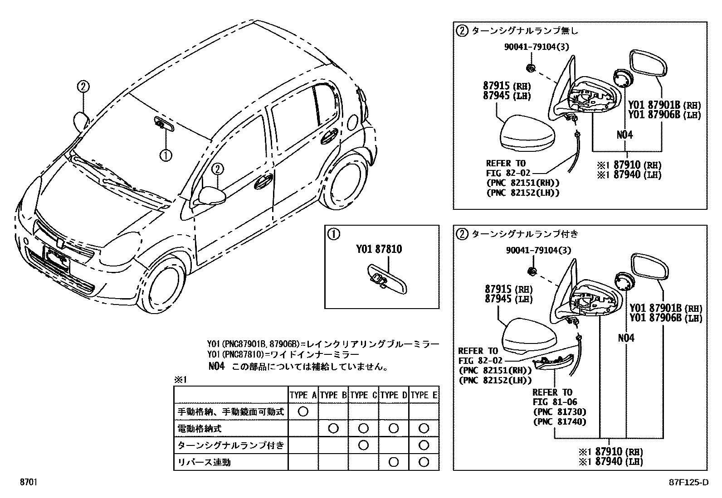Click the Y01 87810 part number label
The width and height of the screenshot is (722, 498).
(379, 249)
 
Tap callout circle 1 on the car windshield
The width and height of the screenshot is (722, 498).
(166, 155)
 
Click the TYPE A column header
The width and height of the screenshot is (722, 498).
(303, 395)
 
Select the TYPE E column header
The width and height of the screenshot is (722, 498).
(424, 395)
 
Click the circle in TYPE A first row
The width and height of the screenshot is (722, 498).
(303, 411)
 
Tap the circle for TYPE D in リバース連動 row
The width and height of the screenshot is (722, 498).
(394, 462)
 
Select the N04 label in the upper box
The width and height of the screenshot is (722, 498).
(625, 135)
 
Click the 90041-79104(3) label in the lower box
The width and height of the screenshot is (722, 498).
(538, 250)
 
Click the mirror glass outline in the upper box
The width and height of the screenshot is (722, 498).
(649, 63)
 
